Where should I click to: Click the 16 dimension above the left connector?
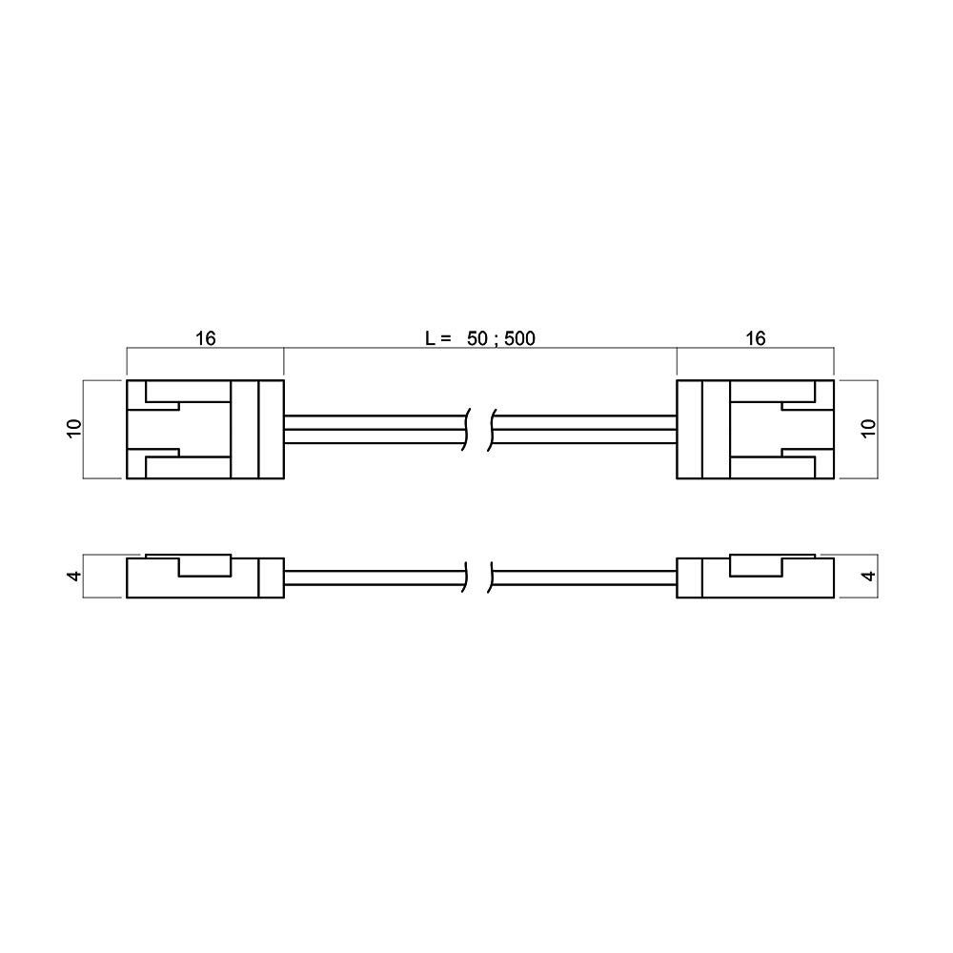[206, 338]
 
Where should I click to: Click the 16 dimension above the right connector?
[755, 338]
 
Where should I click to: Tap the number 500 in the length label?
[519, 338]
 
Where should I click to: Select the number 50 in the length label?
[477, 338]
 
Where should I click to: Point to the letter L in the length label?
[430, 338]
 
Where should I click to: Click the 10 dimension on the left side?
[73, 429]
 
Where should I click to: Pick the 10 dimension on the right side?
[869, 429]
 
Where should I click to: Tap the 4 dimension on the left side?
[73, 575]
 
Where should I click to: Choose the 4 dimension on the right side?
[869, 575]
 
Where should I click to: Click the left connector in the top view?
[206, 429]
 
